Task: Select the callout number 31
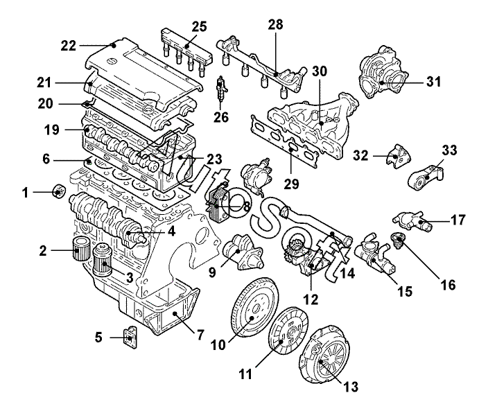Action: tap(433, 82)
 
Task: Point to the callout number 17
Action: tap(458, 221)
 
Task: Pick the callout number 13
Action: tap(355, 387)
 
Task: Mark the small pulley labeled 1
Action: tap(58, 191)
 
